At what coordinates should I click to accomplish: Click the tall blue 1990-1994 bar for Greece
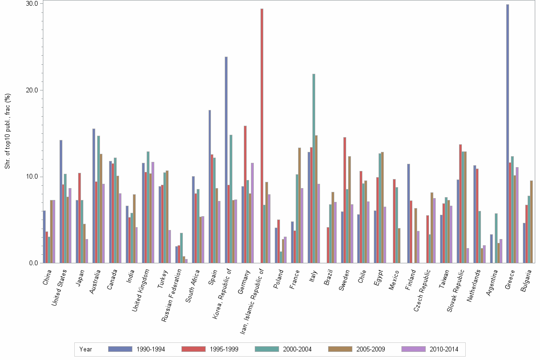[x=508, y=133]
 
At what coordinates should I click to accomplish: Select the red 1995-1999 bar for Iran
[x=261, y=136]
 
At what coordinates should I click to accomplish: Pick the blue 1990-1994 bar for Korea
[x=226, y=160]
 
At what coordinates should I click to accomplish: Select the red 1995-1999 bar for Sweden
[x=345, y=200]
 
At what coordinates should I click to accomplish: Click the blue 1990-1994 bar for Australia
[x=94, y=196]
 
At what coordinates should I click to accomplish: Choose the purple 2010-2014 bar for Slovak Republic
[x=468, y=256]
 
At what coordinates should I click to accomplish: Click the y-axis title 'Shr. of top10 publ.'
[x=8, y=133]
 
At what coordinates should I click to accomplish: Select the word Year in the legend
[x=86, y=349]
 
